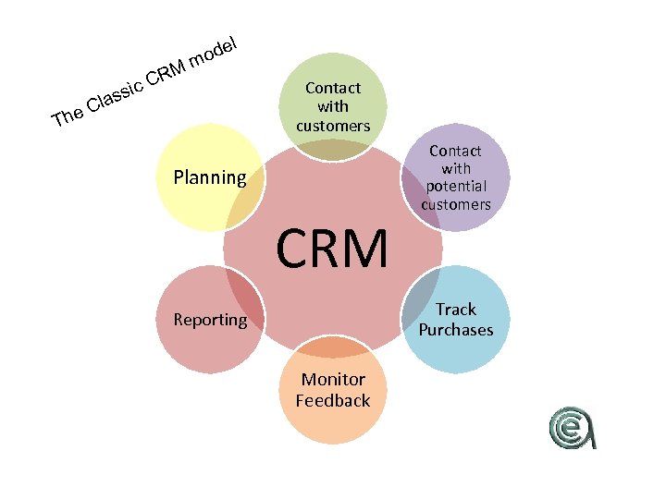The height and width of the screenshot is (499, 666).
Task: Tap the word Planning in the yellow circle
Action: tap(210, 177)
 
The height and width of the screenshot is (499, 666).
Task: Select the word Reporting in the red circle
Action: tap(210, 320)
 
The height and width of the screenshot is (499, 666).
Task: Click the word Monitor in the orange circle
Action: tap(333, 380)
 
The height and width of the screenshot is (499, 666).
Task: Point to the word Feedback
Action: tap(333, 400)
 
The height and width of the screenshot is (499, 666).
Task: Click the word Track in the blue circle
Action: tap(456, 310)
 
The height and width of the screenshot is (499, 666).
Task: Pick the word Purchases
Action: tap(456, 330)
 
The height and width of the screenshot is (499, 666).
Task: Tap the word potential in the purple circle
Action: tap(455, 187)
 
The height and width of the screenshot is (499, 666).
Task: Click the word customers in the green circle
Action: tap(333, 125)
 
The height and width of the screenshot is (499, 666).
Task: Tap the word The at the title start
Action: tap(68, 116)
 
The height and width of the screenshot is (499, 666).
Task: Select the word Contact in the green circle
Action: tap(333, 89)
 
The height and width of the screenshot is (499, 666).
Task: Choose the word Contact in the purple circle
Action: tap(455, 151)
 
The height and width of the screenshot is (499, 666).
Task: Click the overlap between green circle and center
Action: tap(333, 151)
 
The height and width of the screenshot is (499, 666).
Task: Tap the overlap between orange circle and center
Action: tap(333, 347)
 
